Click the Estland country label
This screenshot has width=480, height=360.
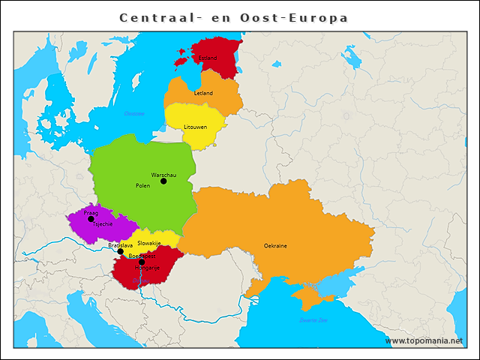point(208,58)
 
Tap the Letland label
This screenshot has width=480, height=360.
point(203,93)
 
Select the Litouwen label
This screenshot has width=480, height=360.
point(196,127)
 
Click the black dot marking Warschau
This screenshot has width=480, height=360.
point(163,181)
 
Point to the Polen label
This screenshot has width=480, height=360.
point(142,185)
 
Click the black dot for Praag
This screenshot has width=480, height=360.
point(91,219)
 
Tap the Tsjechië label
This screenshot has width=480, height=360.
point(103,224)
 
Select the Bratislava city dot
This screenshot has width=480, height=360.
point(120,252)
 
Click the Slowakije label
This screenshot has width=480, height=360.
point(149,243)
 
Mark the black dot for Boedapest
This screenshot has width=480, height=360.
point(142,262)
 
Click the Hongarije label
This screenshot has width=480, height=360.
point(147,268)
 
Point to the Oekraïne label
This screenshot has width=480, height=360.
point(275,245)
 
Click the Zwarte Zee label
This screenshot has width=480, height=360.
point(313,320)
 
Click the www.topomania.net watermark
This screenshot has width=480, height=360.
point(424,341)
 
